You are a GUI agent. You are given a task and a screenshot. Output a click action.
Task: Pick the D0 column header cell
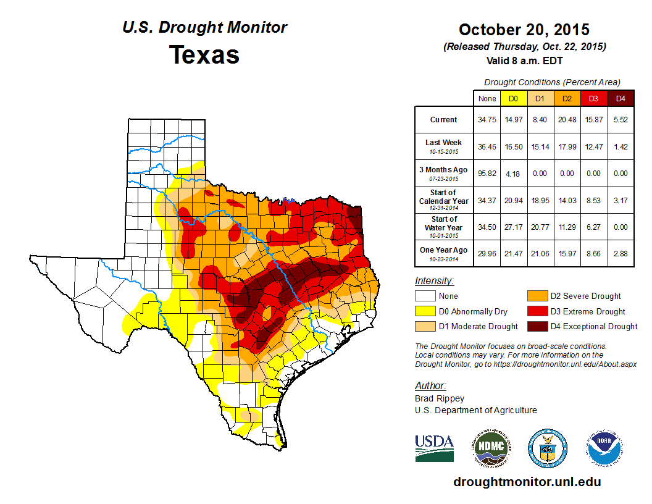(x=513, y=98)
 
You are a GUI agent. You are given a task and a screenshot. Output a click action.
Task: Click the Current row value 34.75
(x=487, y=120)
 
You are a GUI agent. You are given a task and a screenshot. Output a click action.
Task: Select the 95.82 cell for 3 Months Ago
(x=487, y=174)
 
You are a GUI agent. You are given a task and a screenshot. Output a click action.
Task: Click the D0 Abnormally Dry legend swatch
(x=425, y=311)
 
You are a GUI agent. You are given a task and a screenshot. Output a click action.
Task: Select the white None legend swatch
(x=425, y=296)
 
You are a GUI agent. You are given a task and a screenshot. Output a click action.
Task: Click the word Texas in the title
(x=204, y=55)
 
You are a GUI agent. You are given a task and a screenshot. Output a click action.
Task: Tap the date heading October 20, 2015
(x=524, y=30)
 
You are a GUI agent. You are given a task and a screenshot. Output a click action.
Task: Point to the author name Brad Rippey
(x=440, y=398)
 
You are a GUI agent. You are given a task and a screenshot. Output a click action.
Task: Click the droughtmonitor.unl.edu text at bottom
(x=527, y=482)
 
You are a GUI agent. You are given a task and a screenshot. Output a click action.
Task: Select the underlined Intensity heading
(x=434, y=281)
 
